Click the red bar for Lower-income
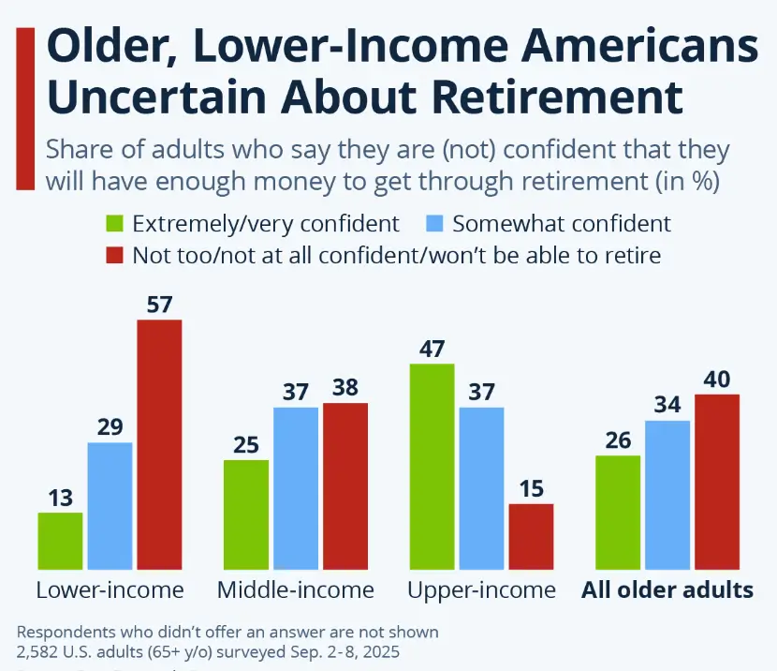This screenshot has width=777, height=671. [159, 444]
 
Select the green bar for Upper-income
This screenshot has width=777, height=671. [432, 466]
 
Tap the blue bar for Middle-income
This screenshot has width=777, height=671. [296, 487]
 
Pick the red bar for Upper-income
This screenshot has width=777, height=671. [532, 536]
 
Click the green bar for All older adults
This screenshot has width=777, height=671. [618, 512]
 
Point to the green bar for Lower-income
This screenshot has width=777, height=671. [60, 541]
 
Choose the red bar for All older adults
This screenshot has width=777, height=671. [717, 482]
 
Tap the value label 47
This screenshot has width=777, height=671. [432, 348]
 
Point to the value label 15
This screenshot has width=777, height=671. [532, 488]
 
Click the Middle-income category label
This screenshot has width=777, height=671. [296, 590]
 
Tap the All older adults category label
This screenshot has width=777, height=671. [667, 590]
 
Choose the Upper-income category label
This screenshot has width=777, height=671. [482, 590]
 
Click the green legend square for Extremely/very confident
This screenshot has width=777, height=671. [114, 224]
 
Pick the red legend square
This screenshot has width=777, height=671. [114, 254]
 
